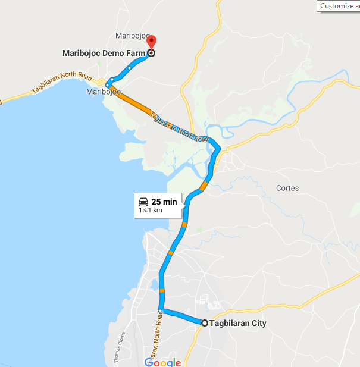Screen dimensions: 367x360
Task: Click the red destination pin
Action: click(151, 43)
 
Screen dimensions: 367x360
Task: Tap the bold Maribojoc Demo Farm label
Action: click(104, 53)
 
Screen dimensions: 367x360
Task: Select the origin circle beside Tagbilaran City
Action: click(205, 323)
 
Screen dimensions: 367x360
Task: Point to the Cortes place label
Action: click(287, 188)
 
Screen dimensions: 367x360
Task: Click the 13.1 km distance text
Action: click(151, 210)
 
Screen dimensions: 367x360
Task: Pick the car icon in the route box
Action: click(143, 201)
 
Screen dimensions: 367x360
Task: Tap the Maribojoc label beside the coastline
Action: click(104, 92)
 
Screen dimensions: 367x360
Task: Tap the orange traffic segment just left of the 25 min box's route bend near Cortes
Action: click(204, 186)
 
